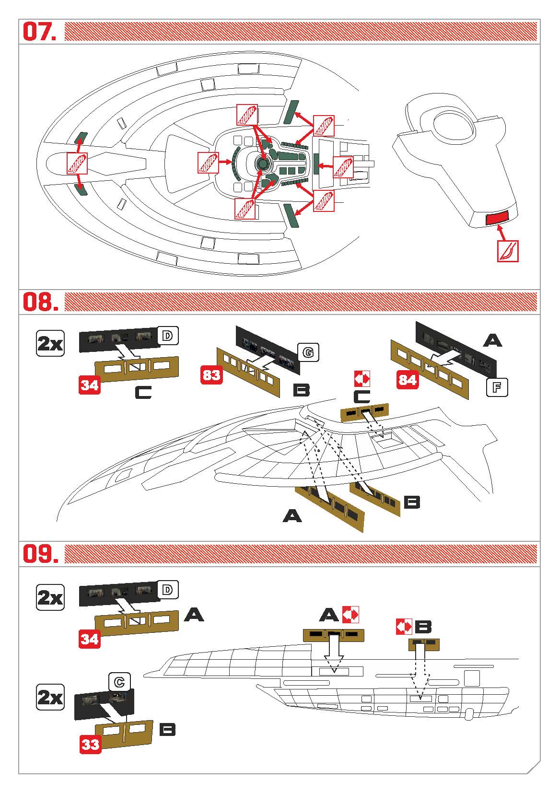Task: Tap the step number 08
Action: click(x=41, y=302)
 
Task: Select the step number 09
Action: click(x=41, y=554)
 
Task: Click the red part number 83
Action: click(x=211, y=375)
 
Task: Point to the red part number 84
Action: click(x=408, y=380)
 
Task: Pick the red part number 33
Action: click(x=90, y=744)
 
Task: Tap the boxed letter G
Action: click(x=308, y=352)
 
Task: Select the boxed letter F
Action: click(x=497, y=387)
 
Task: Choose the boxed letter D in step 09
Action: click(x=167, y=590)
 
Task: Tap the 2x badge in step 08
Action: click(x=50, y=343)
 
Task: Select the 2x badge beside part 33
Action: click(x=50, y=697)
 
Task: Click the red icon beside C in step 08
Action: click(x=362, y=379)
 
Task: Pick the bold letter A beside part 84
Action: click(x=492, y=340)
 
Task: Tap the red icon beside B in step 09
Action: click(x=404, y=626)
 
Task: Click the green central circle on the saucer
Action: click(x=262, y=163)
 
